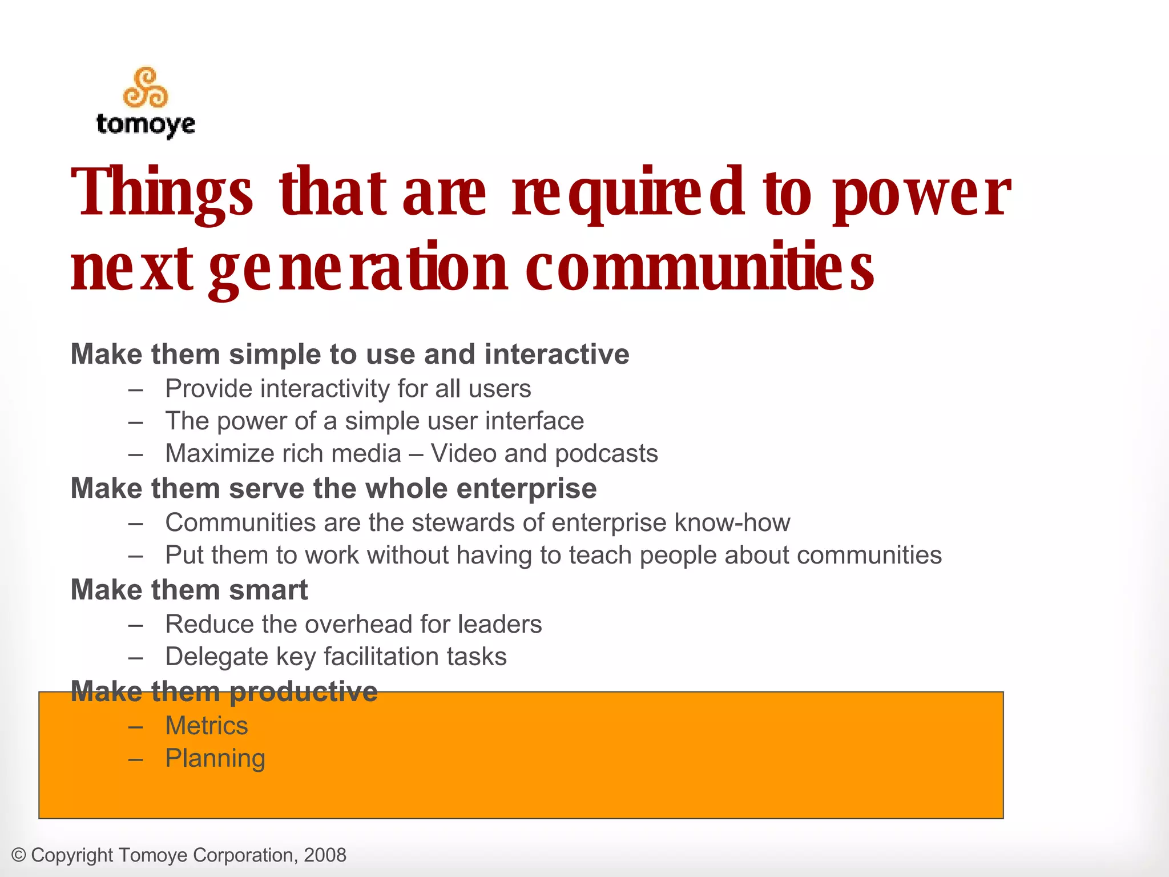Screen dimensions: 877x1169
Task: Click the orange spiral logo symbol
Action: click(x=146, y=88)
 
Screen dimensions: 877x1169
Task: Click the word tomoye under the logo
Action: click(x=146, y=124)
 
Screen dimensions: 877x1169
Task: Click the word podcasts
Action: click(x=606, y=454)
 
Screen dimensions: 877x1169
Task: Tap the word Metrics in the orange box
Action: click(x=207, y=726)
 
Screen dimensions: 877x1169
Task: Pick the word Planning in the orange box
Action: click(x=215, y=759)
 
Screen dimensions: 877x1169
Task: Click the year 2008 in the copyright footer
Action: click(x=325, y=855)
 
